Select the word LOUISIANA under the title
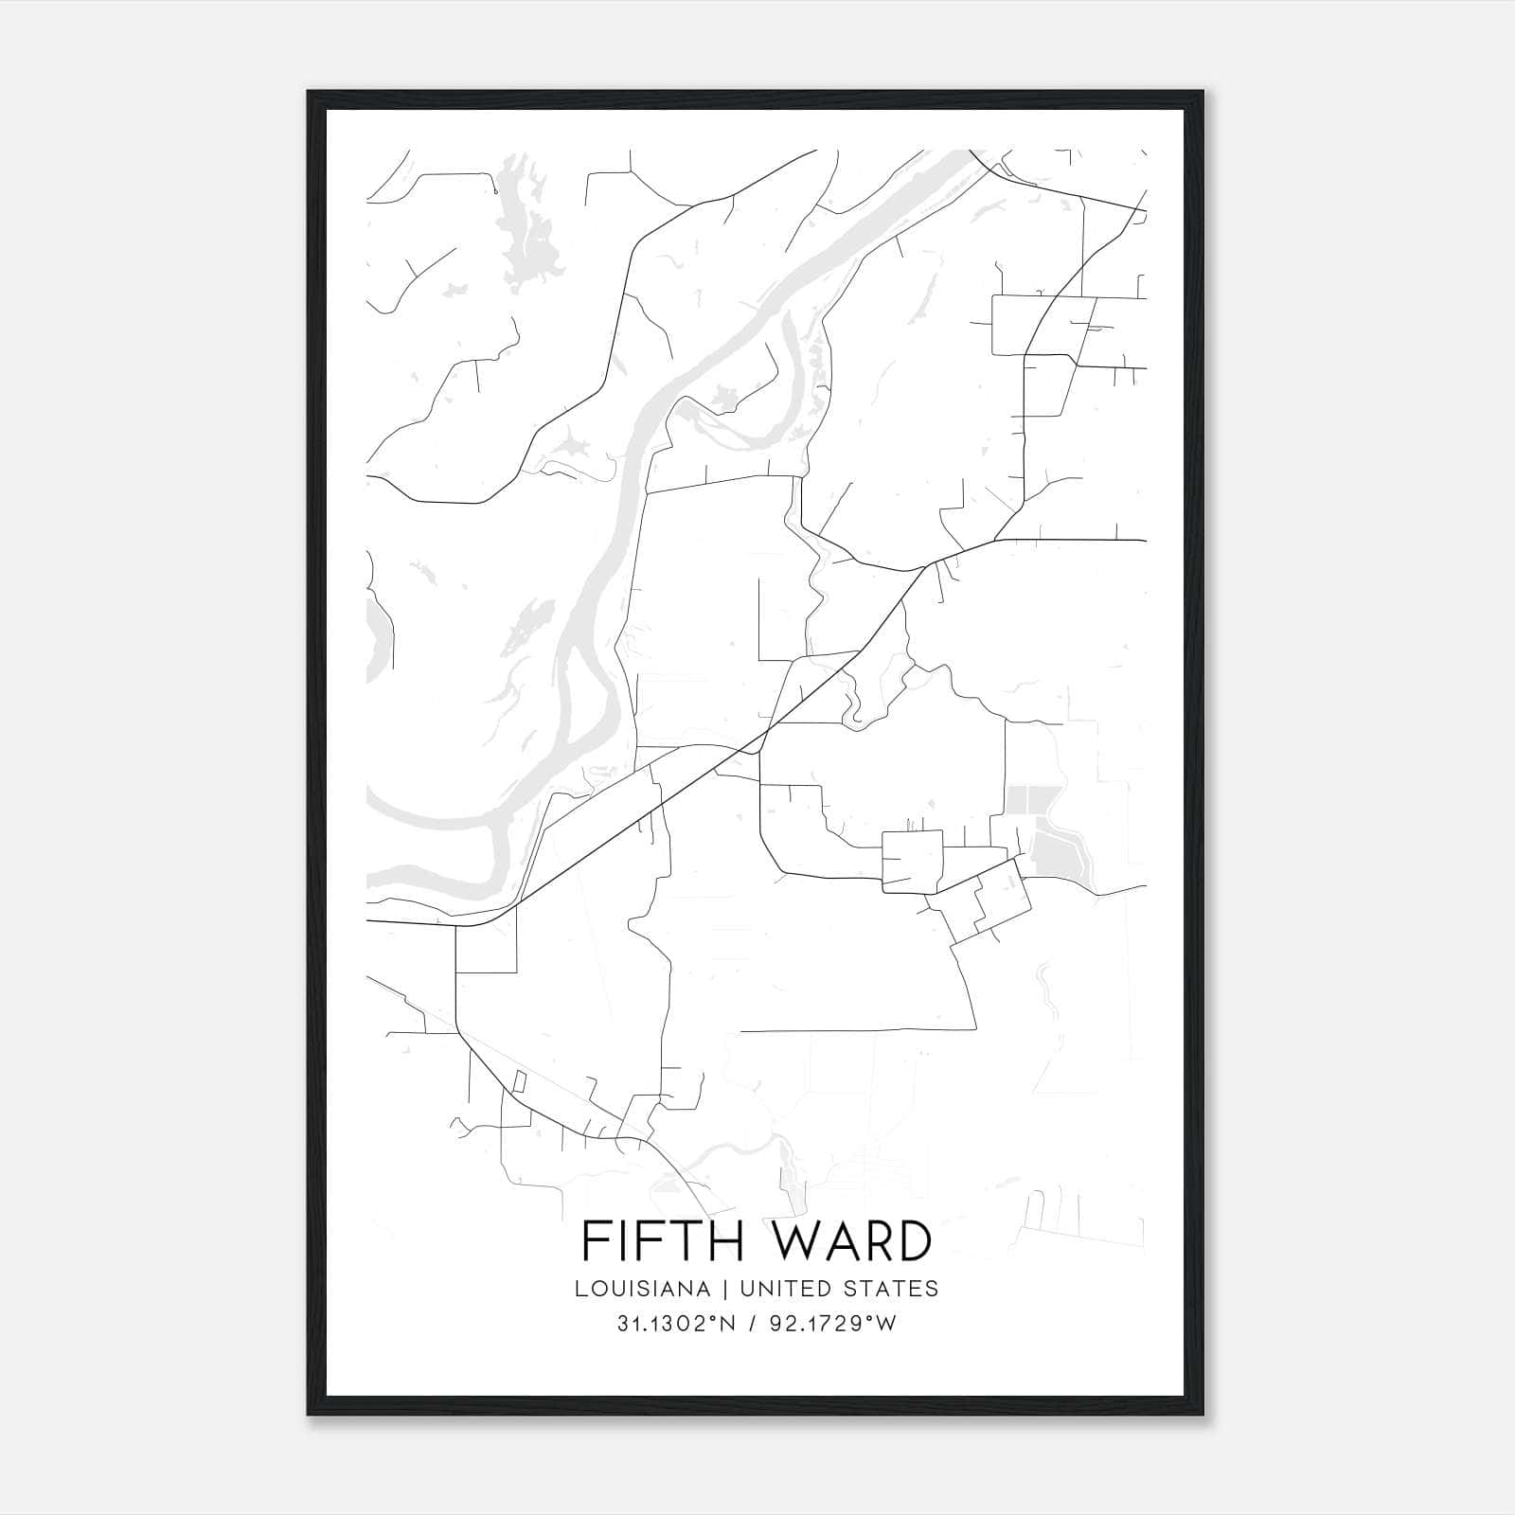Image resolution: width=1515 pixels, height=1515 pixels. click(641, 1289)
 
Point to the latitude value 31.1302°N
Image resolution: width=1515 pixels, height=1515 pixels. click(676, 1324)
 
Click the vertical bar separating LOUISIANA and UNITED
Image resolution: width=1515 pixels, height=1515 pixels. click(725, 1289)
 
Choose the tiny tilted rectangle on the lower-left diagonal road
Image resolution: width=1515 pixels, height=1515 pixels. click(519, 1080)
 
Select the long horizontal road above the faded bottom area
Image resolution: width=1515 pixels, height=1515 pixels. click(857, 1029)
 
